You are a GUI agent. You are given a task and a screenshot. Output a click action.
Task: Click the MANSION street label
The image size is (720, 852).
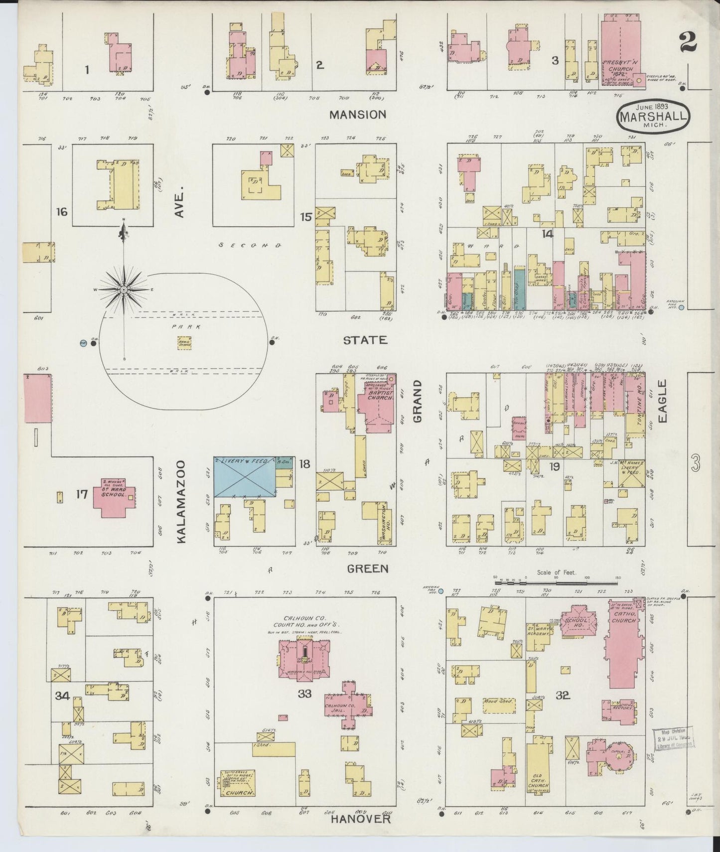pos(358,115)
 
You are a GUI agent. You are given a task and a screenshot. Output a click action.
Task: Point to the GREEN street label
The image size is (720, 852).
pos(368,568)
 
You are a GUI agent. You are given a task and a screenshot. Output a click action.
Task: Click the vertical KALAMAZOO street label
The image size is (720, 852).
pos(180,501)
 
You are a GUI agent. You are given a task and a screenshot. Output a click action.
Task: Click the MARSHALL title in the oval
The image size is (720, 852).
pos(654,117)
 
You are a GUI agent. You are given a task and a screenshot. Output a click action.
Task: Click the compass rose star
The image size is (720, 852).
pos(123,289)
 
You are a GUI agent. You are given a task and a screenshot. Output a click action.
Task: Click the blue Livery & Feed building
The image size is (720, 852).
pos(245,477)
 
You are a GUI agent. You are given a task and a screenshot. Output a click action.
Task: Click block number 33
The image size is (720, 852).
pos(304,693)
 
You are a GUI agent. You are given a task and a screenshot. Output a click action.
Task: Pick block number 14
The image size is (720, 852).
pos(547,233)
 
